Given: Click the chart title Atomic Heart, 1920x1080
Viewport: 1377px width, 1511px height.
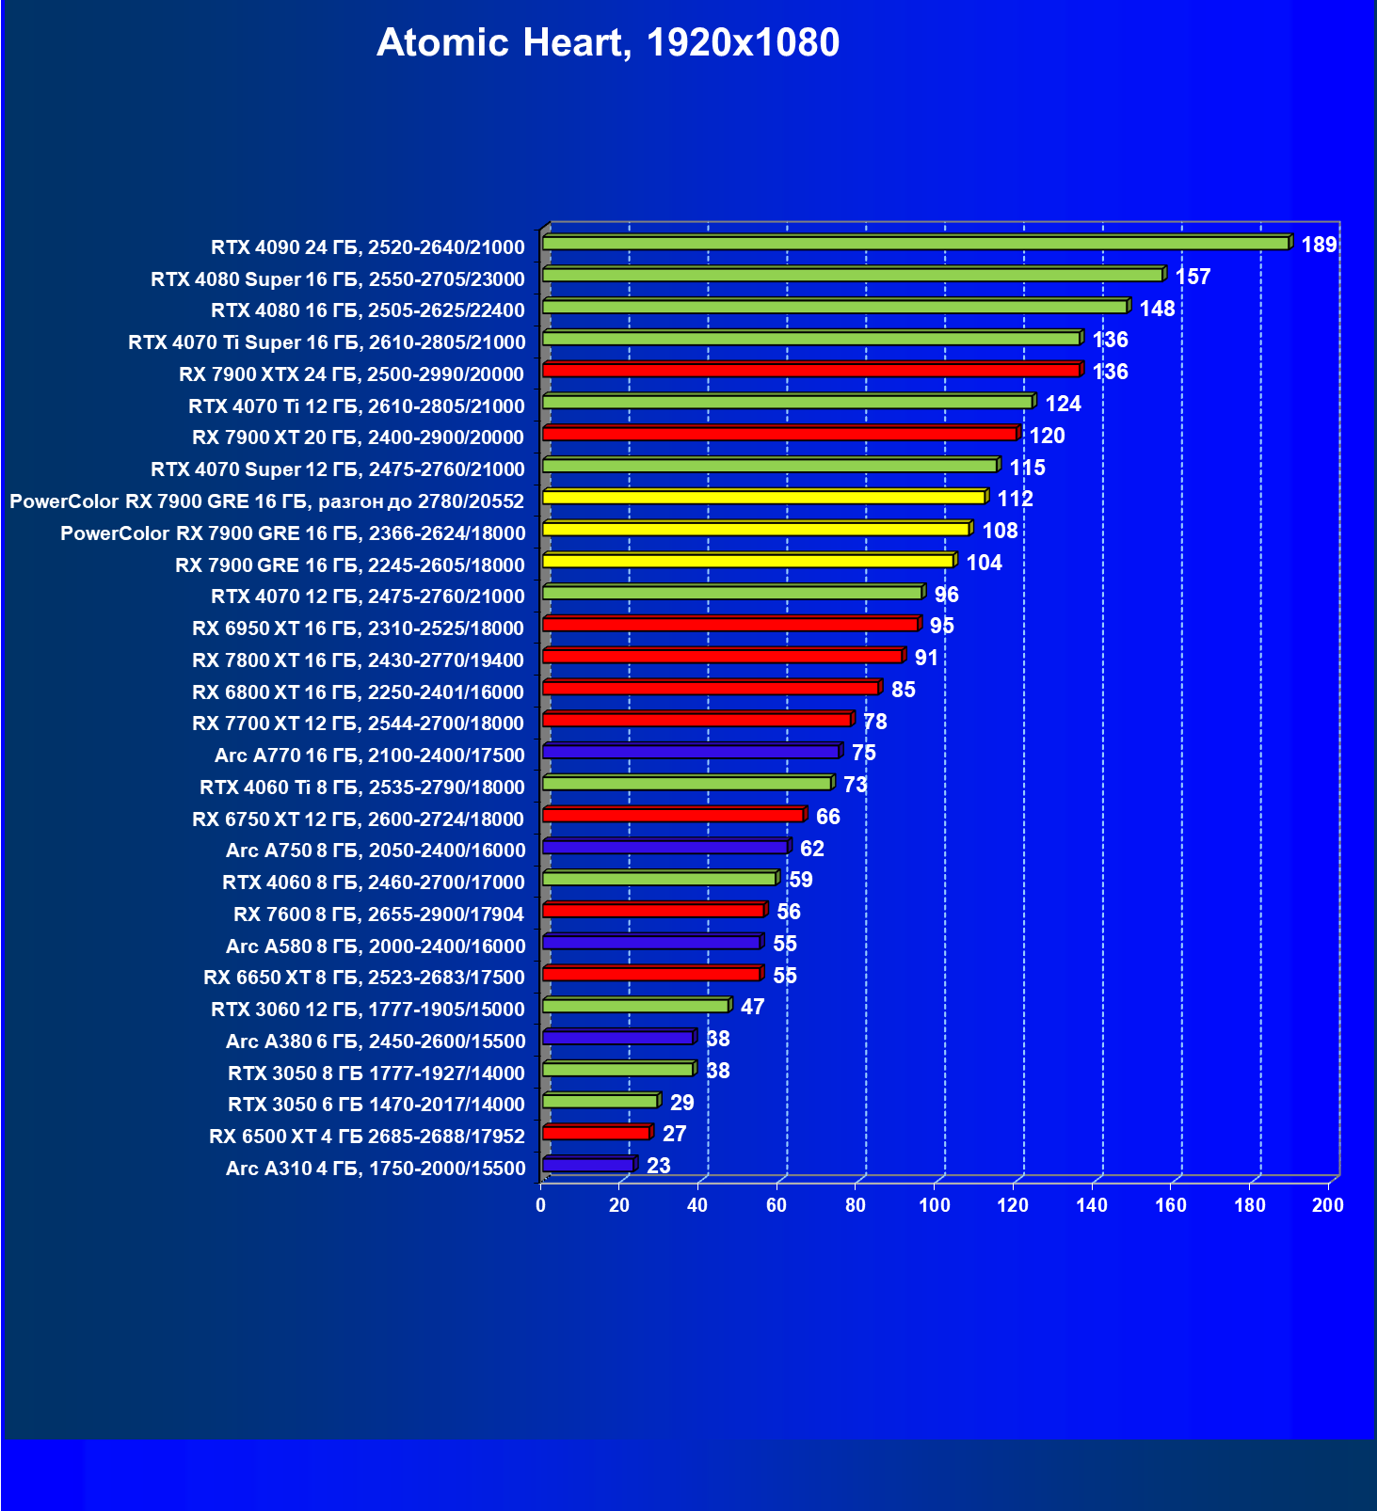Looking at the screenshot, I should (x=608, y=42).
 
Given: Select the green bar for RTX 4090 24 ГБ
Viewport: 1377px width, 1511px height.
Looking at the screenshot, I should (x=915, y=244).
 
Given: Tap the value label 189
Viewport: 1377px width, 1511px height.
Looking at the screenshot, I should (x=1319, y=245).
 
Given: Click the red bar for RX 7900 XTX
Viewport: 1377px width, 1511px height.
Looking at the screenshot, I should (x=810, y=371).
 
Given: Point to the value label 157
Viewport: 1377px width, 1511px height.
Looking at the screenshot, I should (x=1193, y=277).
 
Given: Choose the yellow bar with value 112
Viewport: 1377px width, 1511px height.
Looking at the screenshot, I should (x=763, y=498).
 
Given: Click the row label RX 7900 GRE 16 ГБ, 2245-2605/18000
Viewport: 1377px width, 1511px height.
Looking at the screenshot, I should (x=349, y=565).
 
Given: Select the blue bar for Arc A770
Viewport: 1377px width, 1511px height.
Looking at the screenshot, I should (x=691, y=753).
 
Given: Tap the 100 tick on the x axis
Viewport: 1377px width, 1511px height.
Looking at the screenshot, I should (x=935, y=1205).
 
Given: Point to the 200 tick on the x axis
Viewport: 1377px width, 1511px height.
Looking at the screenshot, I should (x=1328, y=1205).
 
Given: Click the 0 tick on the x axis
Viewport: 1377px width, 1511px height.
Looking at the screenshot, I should (x=540, y=1205).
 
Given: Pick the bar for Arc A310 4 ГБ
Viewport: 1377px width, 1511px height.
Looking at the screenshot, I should (x=588, y=1166).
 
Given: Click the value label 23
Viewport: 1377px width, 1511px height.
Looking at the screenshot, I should (x=659, y=1166).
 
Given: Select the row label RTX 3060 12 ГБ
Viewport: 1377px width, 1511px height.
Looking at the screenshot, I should (x=367, y=1010).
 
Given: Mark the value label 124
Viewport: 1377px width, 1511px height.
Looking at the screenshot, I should (x=1063, y=404).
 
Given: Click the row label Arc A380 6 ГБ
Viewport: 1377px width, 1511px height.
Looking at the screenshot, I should (x=375, y=1042).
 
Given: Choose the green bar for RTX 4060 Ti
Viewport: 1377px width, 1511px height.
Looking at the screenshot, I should (x=687, y=784).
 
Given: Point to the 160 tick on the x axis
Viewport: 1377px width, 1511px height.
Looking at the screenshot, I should (x=1171, y=1205).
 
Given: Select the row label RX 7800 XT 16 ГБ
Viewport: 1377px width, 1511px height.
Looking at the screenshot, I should (x=358, y=660).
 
